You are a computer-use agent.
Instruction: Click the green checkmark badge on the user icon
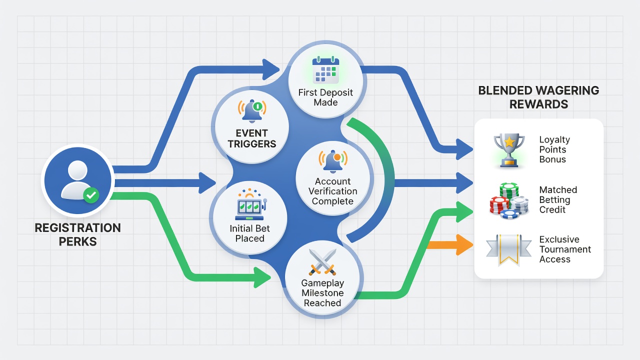pyautogui.click(x=91, y=195)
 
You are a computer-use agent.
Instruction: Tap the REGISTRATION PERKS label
pyautogui.click(x=77, y=234)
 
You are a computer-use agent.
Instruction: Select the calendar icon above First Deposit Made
pyautogui.click(x=325, y=70)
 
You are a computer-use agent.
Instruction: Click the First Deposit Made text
pyautogui.click(x=325, y=97)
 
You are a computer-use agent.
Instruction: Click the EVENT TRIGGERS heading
pyautogui.click(x=251, y=138)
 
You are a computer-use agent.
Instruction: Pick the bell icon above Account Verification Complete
pyautogui.click(x=333, y=161)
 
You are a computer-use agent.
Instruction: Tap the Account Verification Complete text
pyautogui.click(x=333, y=191)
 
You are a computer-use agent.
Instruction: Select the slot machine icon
pyautogui.click(x=250, y=204)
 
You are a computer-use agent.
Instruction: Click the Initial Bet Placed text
pyautogui.click(x=249, y=233)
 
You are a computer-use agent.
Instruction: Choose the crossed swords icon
pyautogui.click(x=322, y=262)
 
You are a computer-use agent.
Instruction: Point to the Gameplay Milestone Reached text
pyautogui.click(x=322, y=293)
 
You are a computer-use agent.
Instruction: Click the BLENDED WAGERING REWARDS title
pyautogui.click(x=538, y=97)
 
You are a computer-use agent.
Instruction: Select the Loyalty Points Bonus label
pyautogui.click(x=554, y=149)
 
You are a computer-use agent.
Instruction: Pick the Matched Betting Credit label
pyautogui.click(x=558, y=199)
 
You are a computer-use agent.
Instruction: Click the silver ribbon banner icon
pyautogui.click(x=508, y=249)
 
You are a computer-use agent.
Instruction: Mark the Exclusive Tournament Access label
pyautogui.click(x=565, y=249)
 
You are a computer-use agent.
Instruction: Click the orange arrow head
pyautogui.click(x=464, y=245)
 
